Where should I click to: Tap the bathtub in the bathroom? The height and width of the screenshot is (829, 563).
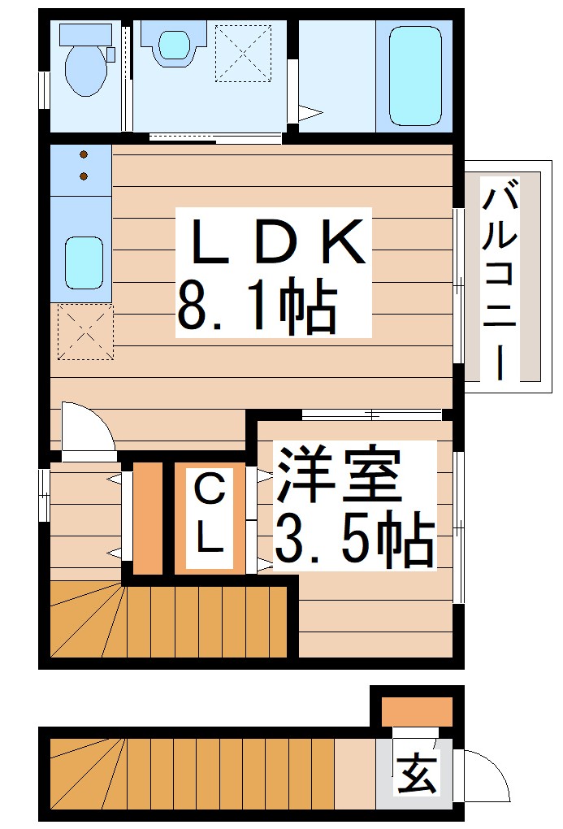pos(415,74)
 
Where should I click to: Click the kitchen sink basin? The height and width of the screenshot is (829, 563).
pos(83,261)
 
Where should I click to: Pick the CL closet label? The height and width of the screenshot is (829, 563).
pos(210,514)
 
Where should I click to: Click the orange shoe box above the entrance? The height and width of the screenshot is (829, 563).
pos(417,711)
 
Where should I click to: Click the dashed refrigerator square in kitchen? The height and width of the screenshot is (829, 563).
pos(84,332)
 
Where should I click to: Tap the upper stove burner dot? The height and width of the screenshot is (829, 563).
pos(83,154)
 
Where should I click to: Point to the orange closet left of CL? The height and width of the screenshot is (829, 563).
pos(148,518)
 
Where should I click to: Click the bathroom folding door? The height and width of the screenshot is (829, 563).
pos(305,113)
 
